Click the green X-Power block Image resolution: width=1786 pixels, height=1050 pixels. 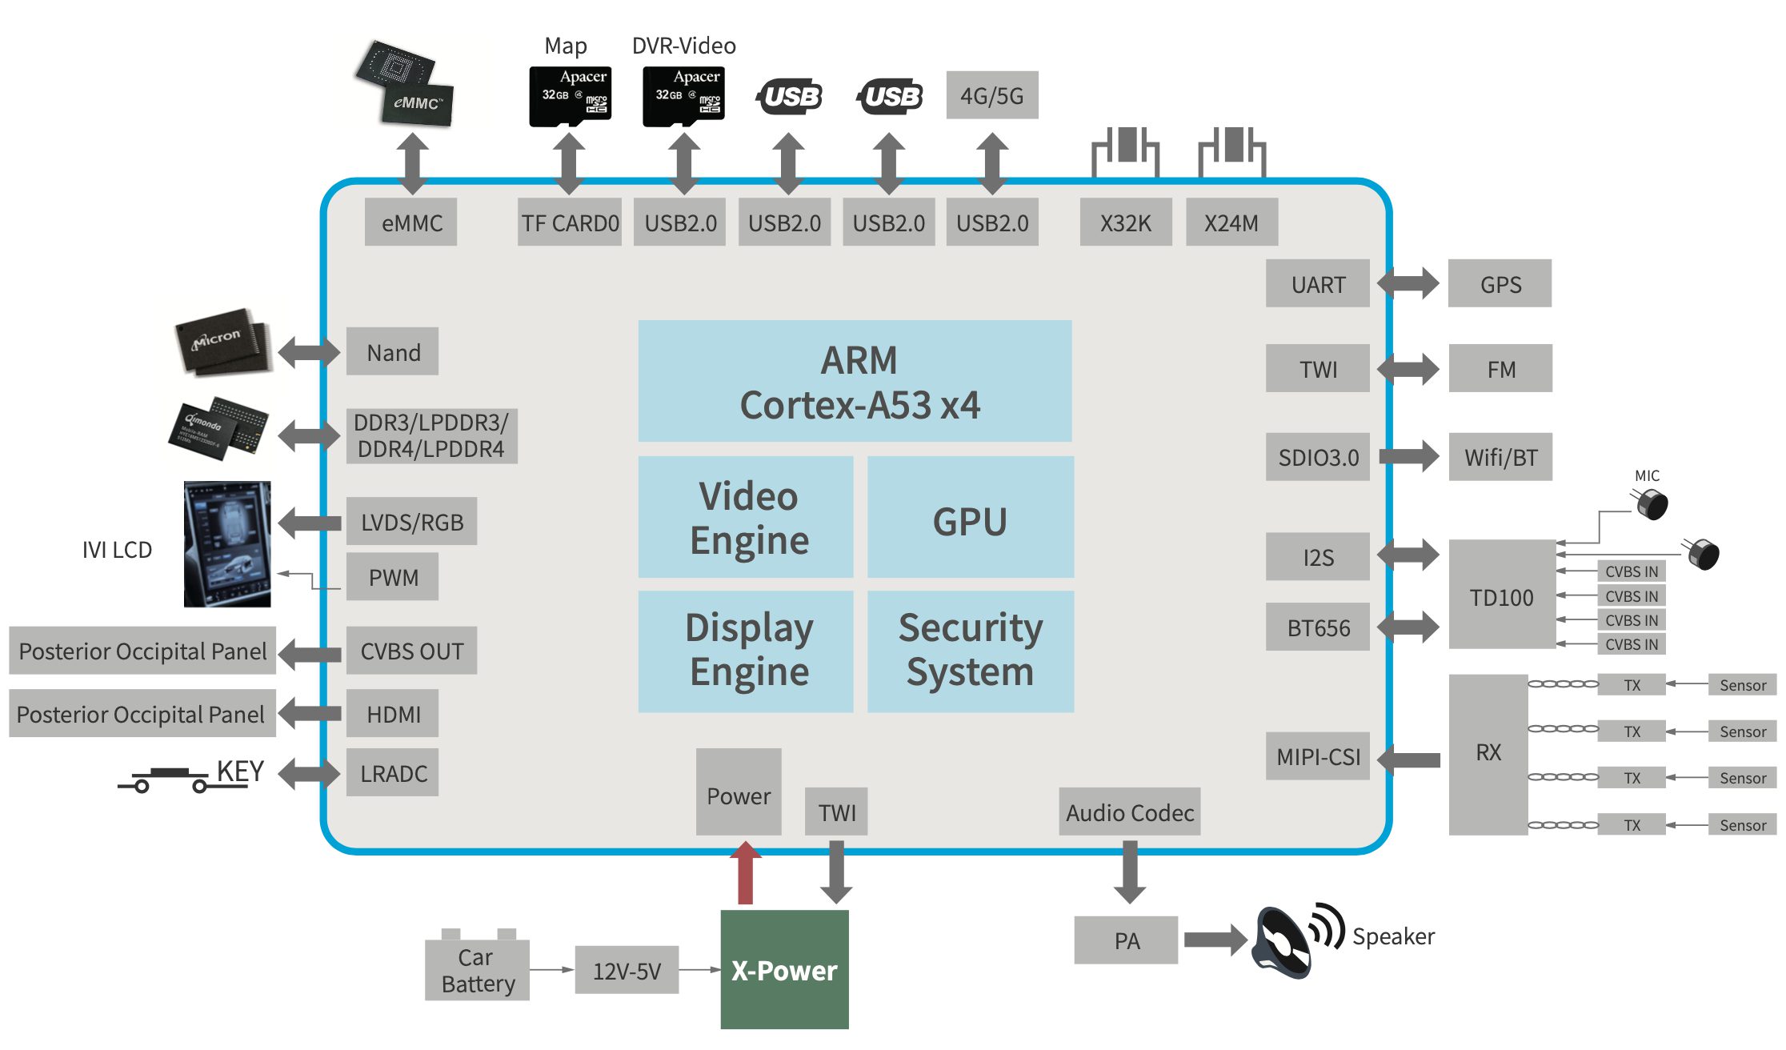[784, 969]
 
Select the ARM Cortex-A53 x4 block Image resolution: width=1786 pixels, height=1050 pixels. [855, 381]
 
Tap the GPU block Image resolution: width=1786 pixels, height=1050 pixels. [970, 518]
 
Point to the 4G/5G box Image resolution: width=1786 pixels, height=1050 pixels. [991, 95]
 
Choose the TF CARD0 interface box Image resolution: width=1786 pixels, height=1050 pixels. [569, 222]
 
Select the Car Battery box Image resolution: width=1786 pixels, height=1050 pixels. [477, 969]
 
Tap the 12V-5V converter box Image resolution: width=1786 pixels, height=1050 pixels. [627, 970]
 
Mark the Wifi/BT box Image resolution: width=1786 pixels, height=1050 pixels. [1500, 457]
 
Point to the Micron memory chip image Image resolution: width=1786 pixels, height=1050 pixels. [222, 341]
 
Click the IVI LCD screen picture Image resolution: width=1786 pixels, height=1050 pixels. [227, 543]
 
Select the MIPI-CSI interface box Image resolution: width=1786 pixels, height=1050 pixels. [1317, 756]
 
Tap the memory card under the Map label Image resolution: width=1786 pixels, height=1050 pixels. [570, 96]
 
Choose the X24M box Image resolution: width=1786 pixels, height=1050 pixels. [1231, 222]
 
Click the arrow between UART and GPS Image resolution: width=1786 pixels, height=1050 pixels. [1408, 283]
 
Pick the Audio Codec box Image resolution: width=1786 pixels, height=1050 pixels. [1129, 812]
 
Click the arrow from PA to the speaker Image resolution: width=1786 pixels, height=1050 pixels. [1215, 940]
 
